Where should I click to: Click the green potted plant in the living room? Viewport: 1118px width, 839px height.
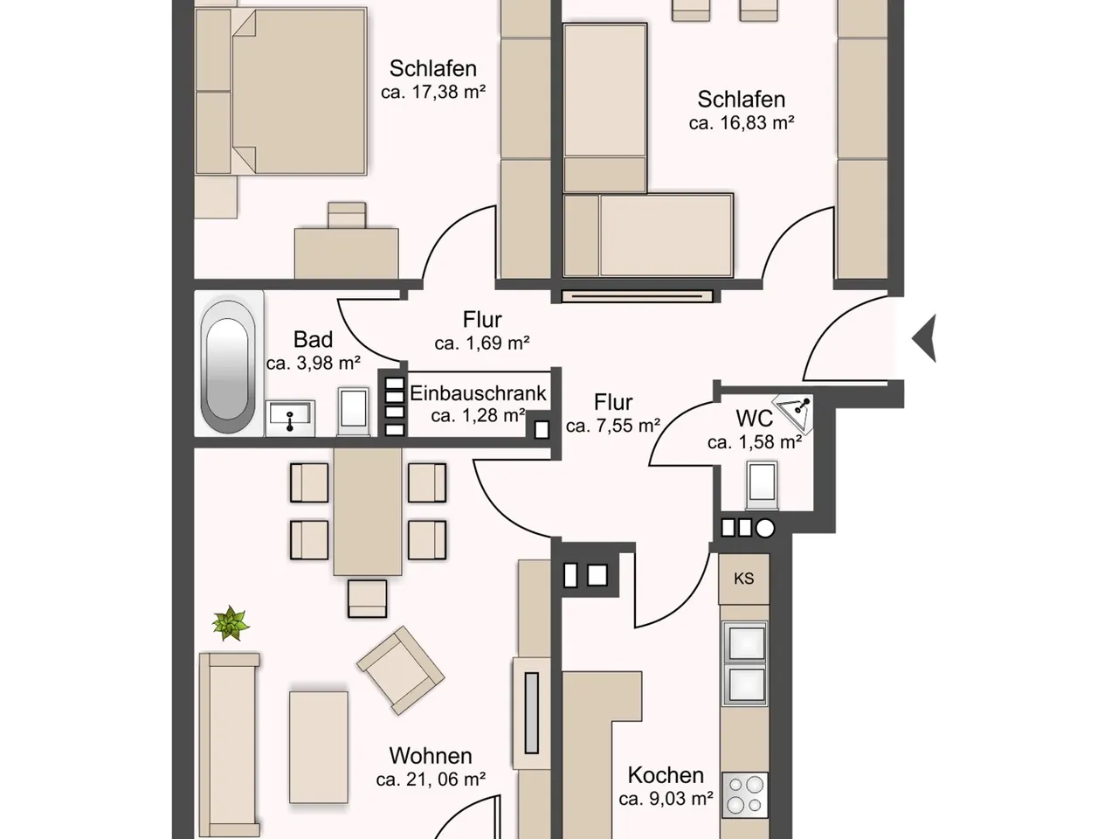[231, 623]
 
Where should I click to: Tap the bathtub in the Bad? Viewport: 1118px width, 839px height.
[228, 367]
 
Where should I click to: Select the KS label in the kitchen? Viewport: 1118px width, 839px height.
[743, 579]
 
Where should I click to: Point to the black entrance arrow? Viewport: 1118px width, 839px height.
[924, 338]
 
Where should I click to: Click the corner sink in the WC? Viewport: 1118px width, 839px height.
[793, 412]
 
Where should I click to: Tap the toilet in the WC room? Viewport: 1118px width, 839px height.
[762, 485]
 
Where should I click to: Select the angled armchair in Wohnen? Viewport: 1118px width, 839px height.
[400, 670]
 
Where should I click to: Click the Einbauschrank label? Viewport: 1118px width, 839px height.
[478, 393]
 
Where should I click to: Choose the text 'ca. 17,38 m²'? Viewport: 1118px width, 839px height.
[433, 92]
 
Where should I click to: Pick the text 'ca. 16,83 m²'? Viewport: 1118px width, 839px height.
[741, 122]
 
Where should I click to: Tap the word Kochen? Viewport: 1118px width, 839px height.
[666, 775]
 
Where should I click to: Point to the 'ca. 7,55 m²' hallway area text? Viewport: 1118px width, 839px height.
[613, 426]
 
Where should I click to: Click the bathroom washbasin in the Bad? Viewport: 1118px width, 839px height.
[290, 418]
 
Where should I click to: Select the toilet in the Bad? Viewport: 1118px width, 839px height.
[354, 412]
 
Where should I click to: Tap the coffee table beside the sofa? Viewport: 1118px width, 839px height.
[319, 747]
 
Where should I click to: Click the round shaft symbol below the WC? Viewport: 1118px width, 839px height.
[764, 529]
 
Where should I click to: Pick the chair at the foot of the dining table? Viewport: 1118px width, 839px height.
[367, 599]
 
